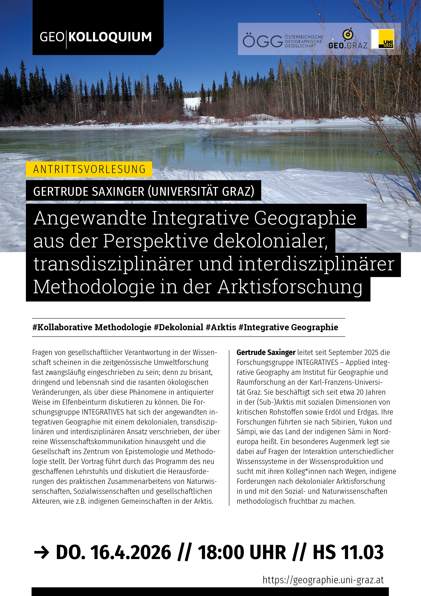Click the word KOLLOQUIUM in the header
tap(110, 37)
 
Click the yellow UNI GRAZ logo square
tap(383, 39)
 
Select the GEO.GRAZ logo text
tap(348, 45)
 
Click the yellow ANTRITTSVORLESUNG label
tap(89, 169)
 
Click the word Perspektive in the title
tap(156, 241)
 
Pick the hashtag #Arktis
tap(221, 327)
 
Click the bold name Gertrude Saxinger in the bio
tap(266, 352)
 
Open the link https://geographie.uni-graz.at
tap(323, 580)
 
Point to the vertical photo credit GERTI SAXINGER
tap(410, 233)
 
